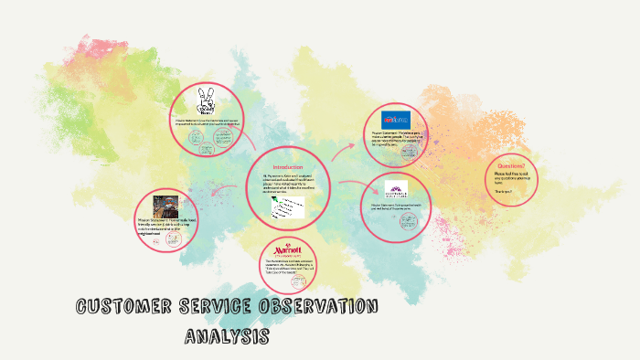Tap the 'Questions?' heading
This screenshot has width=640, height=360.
click(x=510, y=166)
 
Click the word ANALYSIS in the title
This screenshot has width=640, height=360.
click(x=227, y=335)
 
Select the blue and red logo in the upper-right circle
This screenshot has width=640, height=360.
click(x=396, y=120)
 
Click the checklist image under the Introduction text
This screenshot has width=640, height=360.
click(x=286, y=208)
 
